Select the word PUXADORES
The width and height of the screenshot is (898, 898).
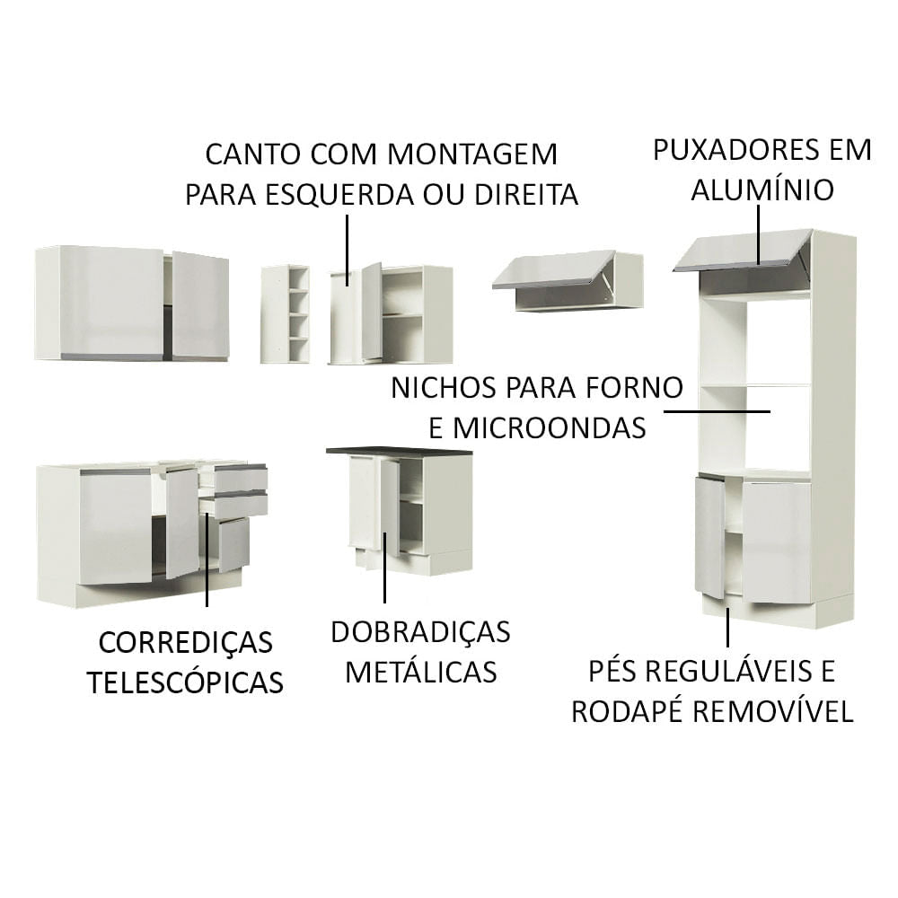coord(735,149)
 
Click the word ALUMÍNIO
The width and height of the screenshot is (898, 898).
coord(762,189)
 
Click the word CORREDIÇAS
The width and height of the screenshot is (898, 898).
coord(185,642)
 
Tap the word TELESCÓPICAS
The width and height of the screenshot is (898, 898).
coord(185,682)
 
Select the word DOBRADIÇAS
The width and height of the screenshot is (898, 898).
coord(420,631)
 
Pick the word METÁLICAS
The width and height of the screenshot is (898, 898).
coord(420,671)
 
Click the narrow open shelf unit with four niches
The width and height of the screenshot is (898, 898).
coord(285,314)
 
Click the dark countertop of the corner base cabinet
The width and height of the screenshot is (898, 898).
coord(399,450)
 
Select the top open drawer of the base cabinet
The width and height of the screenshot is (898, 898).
coord(235,478)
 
